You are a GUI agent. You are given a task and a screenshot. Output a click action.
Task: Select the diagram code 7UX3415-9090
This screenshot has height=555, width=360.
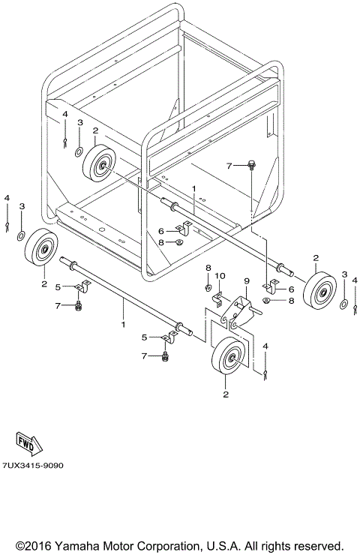[33, 465]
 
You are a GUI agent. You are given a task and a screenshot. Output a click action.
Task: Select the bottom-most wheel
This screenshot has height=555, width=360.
[229, 358]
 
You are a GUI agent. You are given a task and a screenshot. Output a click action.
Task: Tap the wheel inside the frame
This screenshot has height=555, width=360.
[100, 163]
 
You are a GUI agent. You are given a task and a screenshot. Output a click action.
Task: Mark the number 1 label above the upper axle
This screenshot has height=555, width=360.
[193, 190]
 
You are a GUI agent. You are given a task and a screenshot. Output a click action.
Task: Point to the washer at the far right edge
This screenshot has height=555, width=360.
[343, 303]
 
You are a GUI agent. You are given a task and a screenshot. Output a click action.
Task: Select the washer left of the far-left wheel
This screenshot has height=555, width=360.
[21, 237]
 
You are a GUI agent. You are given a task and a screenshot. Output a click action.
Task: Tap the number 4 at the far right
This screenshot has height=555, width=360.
[355, 280]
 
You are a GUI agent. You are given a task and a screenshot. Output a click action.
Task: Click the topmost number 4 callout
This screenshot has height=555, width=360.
[65, 114]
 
